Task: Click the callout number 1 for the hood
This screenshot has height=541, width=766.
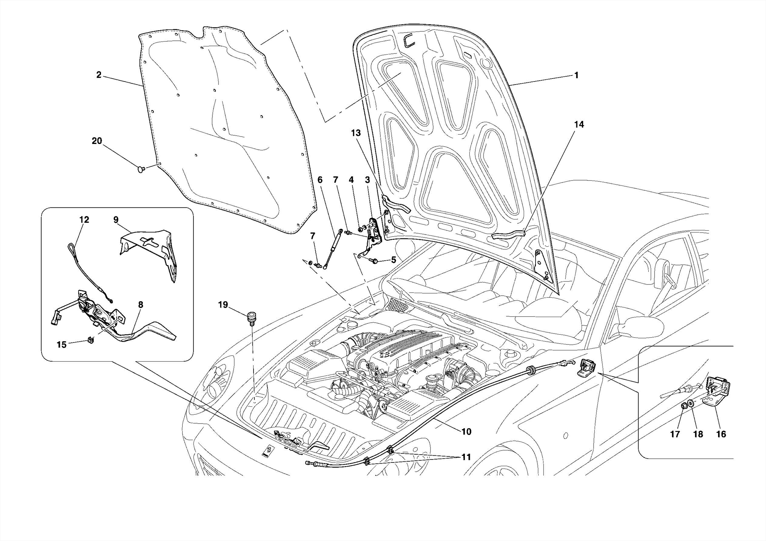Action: (576, 75)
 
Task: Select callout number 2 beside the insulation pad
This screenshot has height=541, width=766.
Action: (99, 75)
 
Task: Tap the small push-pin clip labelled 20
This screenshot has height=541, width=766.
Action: (141, 170)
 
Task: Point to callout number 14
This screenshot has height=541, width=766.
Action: (579, 125)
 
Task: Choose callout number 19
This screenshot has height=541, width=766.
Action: (223, 305)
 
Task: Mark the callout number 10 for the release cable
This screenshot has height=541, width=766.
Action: (466, 432)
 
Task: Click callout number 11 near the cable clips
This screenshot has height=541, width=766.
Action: (466, 457)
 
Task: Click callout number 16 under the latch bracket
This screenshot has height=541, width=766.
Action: (721, 434)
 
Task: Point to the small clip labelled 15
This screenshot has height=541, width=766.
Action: (90, 339)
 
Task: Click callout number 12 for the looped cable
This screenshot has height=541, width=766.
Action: (84, 219)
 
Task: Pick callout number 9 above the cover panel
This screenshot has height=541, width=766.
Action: (116, 219)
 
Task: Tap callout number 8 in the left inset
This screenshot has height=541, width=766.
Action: (140, 305)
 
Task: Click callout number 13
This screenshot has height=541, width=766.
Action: (356, 133)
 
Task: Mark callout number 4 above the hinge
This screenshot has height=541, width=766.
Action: (351, 180)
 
